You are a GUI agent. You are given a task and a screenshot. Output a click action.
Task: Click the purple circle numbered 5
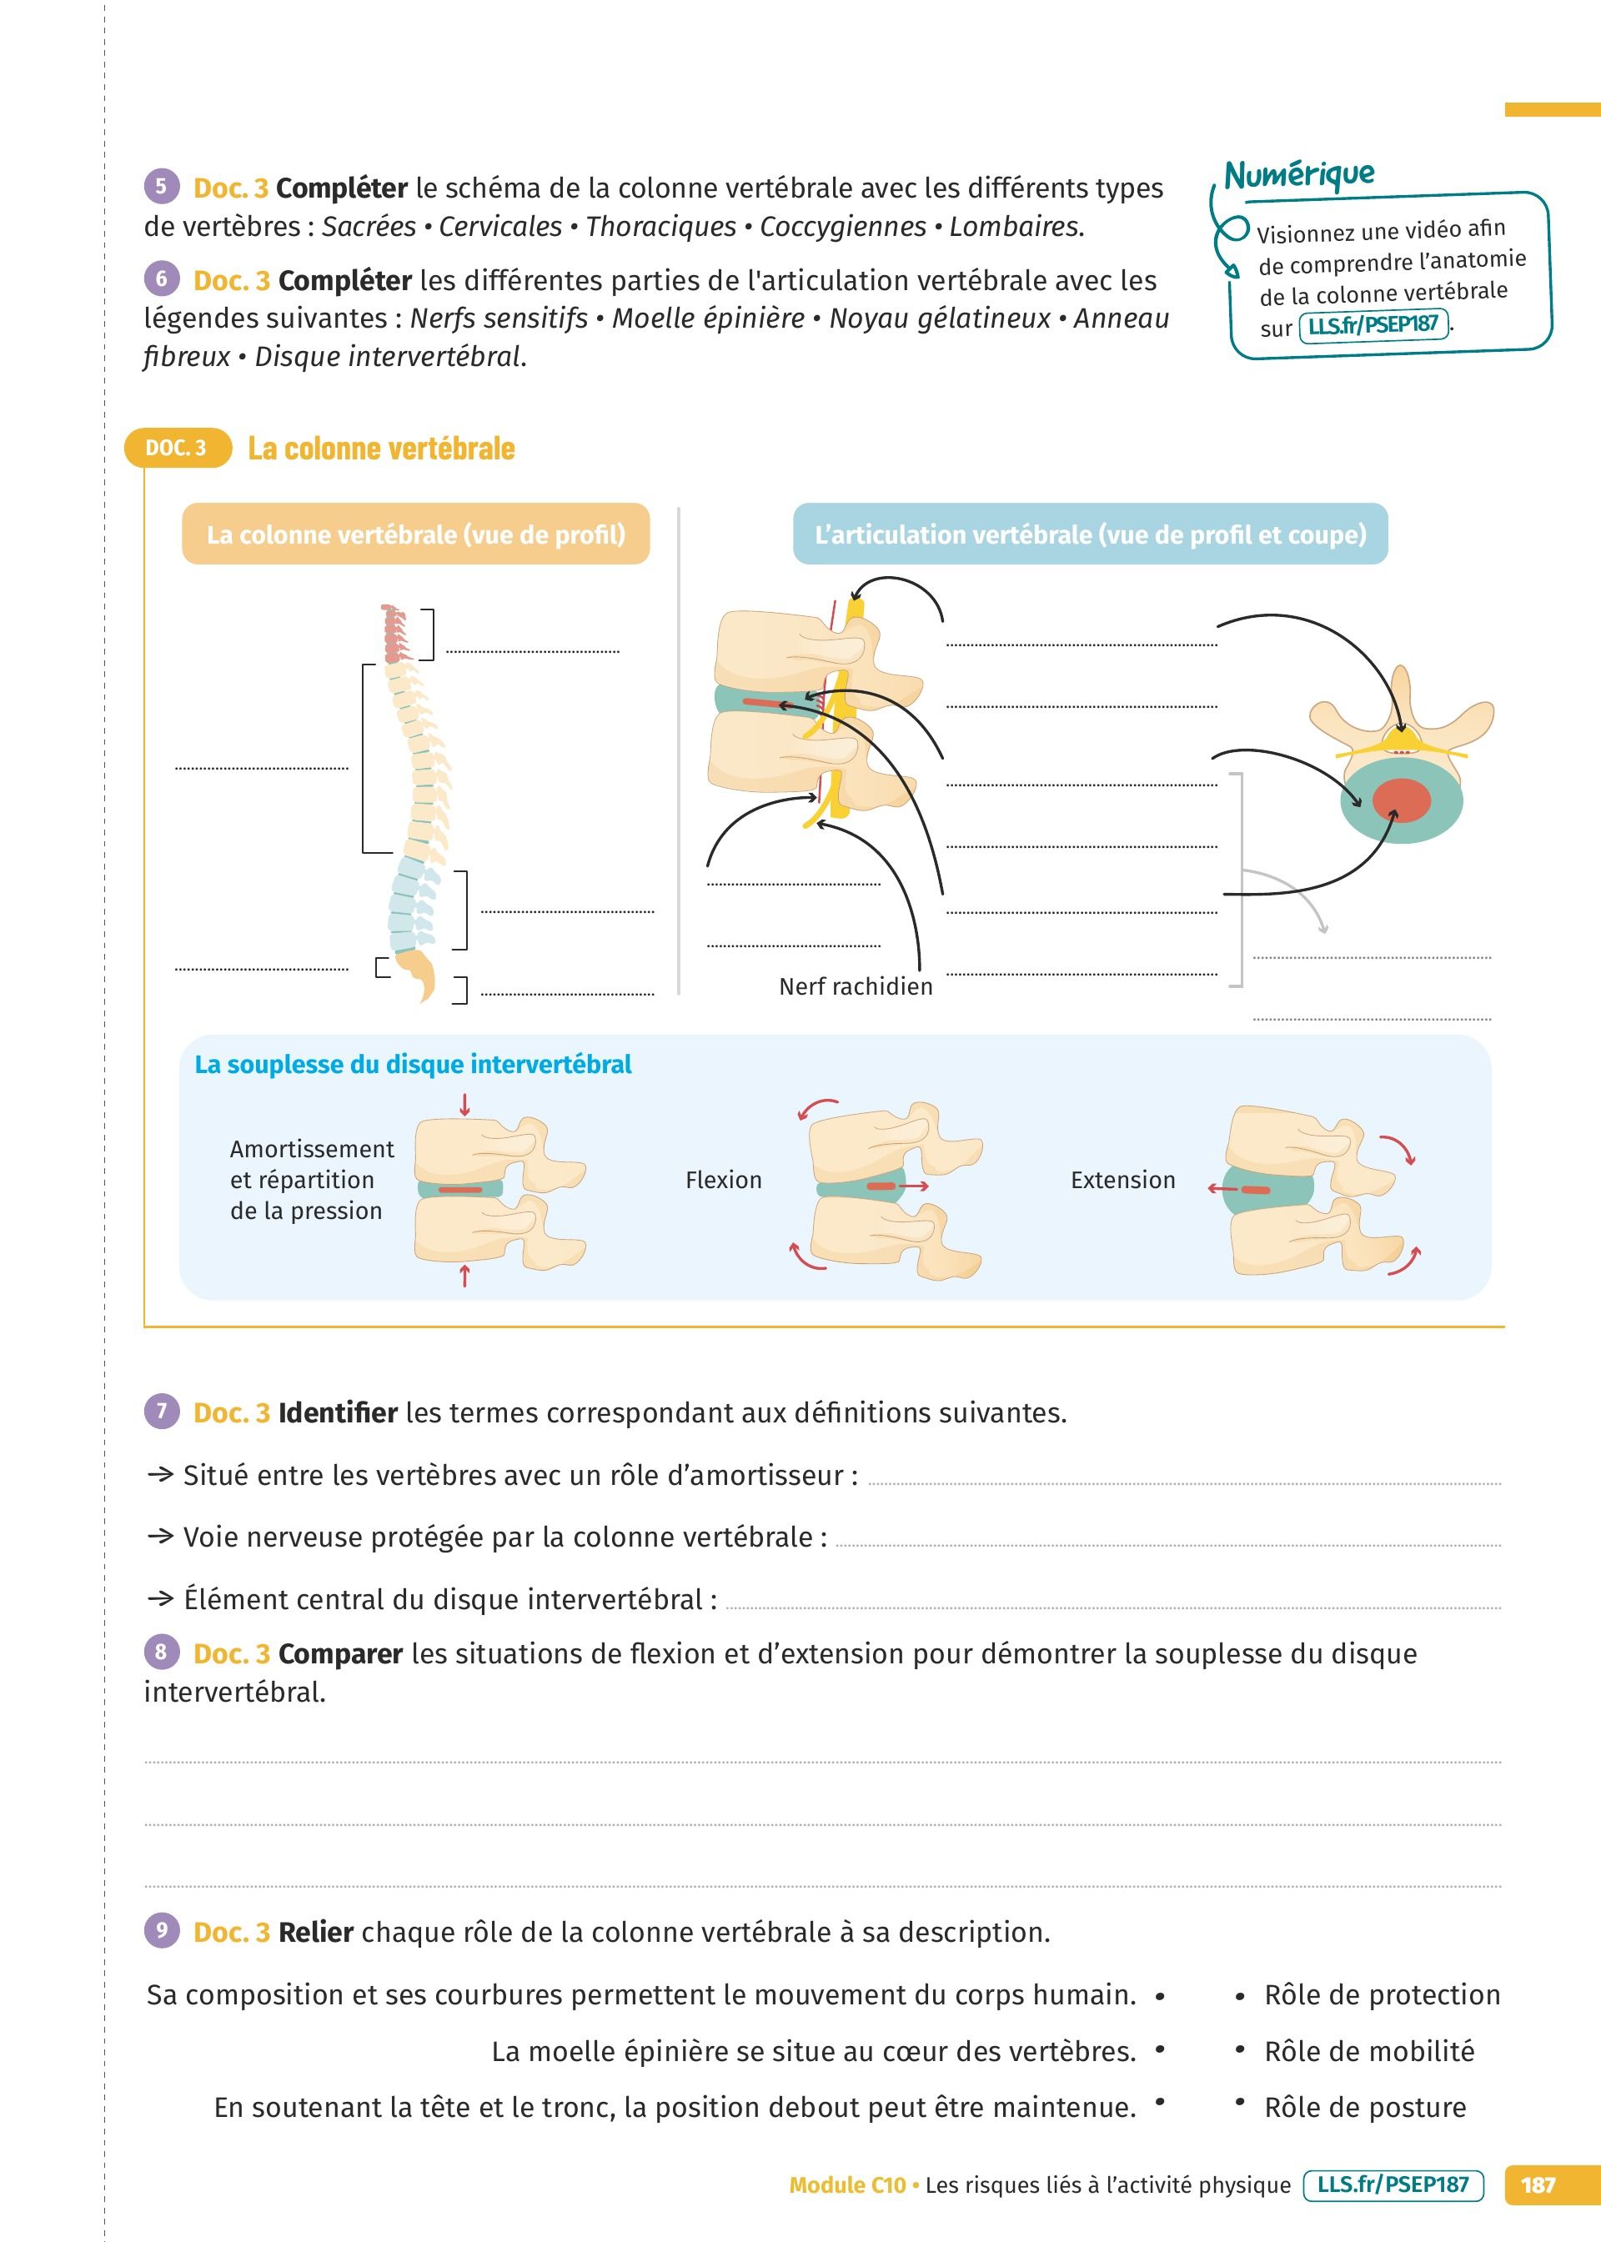[162, 185]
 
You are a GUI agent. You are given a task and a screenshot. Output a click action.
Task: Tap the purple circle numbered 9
[162, 1929]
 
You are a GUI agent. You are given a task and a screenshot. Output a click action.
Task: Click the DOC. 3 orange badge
[177, 449]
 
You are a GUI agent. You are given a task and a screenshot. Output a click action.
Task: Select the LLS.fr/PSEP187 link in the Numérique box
[1373, 324]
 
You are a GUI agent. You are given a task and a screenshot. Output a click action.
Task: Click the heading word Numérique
[1298, 173]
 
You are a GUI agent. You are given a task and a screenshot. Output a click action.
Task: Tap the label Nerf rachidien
[855, 986]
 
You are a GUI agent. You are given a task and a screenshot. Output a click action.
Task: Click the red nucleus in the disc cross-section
[1400, 800]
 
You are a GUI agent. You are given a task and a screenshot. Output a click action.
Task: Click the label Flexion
[724, 1180]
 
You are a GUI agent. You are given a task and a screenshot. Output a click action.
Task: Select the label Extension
[1123, 1180]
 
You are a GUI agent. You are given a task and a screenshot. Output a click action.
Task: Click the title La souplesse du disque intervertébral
[413, 1065]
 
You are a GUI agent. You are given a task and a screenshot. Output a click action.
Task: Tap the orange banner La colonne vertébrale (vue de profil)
[415, 534]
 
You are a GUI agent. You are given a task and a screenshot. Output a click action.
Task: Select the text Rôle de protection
[1381, 1994]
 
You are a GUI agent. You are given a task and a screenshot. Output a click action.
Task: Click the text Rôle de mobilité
[1368, 2051]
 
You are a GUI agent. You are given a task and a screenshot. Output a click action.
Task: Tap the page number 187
[1537, 2184]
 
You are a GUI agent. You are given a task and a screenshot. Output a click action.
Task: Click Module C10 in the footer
[847, 2184]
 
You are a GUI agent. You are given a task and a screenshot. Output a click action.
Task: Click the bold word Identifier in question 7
[337, 1413]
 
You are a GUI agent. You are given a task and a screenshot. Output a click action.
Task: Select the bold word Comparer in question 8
[340, 1653]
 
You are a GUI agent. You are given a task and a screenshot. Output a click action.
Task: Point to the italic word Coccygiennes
[842, 227]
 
